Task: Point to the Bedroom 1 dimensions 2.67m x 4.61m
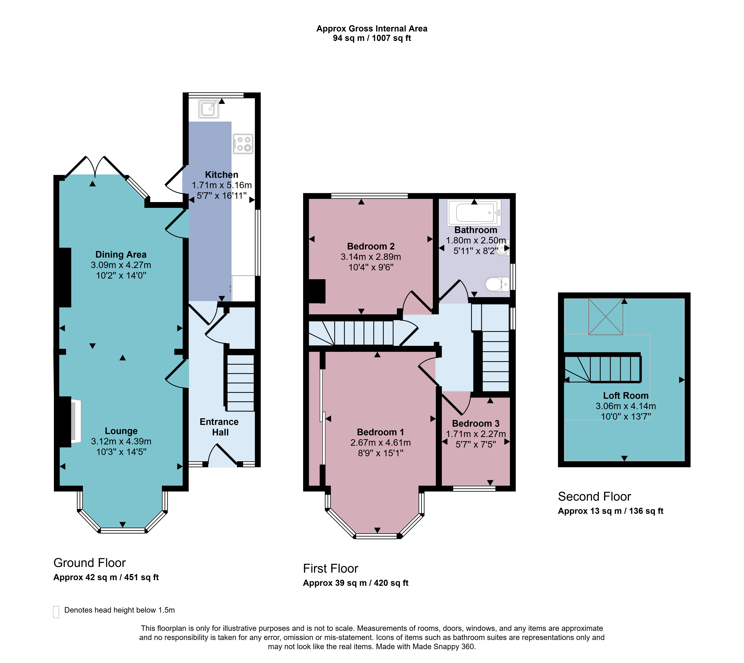[x=381, y=443]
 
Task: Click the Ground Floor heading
[x=90, y=563]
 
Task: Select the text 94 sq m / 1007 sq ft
[x=372, y=38]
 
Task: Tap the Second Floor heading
[x=595, y=497]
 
